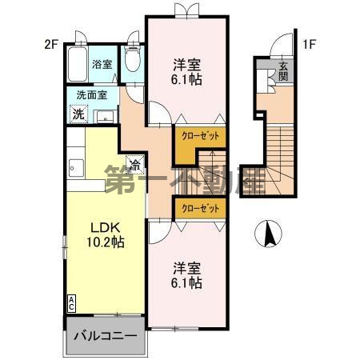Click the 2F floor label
[x=51, y=45]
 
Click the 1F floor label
[x=309, y=45]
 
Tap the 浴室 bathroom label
[x=102, y=64]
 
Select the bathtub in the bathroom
[x=78, y=64]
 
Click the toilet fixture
[x=133, y=58]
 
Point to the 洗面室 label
[x=92, y=95]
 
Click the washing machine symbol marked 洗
[x=78, y=114]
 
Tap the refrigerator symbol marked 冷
[x=135, y=164]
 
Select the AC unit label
[x=71, y=303]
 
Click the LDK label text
[x=105, y=227]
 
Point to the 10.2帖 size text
[x=106, y=242]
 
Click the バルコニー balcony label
[x=106, y=335]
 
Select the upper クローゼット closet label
[x=201, y=136]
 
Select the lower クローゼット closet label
[x=201, y=208]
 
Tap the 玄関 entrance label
[x=283, y=71]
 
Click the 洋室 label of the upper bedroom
[x=186, y=64]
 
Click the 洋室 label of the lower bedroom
[x=186, y=268]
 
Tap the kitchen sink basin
[x=76, y=168]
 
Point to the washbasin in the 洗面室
[x=105, y=117]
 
